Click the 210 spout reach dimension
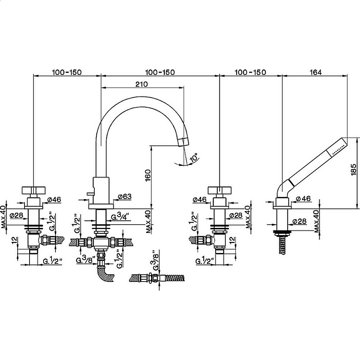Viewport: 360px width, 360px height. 141,84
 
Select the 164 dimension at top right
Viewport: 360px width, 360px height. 316,72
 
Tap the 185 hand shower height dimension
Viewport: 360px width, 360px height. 354,170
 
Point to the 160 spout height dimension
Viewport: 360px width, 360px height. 148,175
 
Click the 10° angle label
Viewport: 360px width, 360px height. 194,158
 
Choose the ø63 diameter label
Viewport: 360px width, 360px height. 125,197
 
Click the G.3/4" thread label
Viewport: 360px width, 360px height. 120,217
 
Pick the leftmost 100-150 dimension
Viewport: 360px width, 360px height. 67,72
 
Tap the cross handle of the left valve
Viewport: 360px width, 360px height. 34,190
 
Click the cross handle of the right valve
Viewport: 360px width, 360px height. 220,190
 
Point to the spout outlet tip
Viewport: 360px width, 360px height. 184,141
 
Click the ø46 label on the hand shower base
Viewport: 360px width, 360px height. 303,199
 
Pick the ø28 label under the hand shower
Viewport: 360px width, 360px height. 300,221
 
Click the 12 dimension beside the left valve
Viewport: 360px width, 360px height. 14,240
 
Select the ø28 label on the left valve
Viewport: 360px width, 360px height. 17,216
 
